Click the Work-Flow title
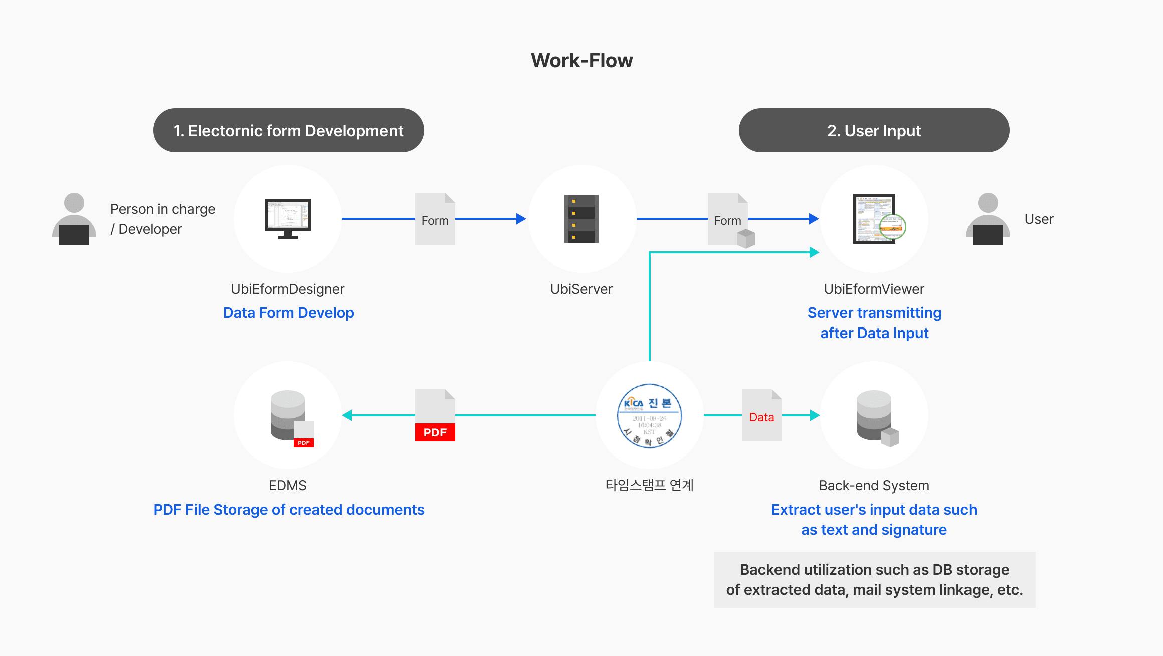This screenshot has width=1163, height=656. pos(581,61)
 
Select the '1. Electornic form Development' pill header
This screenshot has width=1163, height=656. pos(288,130)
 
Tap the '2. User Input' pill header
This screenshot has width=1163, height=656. pos(874,130)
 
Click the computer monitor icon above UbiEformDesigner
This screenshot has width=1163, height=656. pos(288,218)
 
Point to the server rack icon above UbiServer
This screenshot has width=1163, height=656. pos(581,219)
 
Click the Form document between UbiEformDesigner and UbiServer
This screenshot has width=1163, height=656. pos(435,219)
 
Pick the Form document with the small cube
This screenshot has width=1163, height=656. pos(728,219)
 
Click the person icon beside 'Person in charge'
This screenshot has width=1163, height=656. pos(74,219)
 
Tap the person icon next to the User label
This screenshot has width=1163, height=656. pos(988,219)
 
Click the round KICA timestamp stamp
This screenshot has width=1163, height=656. pos(649,415)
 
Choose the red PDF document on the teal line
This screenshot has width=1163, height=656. pos(435,415)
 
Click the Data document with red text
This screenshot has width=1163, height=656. pos(761,415)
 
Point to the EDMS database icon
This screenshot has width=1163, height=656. pos(290,418)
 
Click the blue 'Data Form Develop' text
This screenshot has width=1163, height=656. pos(288,313)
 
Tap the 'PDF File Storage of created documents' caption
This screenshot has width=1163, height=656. pos(289,510)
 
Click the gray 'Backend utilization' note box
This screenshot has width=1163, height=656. pos(874,580)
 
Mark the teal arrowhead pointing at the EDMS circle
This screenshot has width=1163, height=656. pos(347,415)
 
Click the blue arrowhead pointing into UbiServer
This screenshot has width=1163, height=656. pos(521,219)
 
